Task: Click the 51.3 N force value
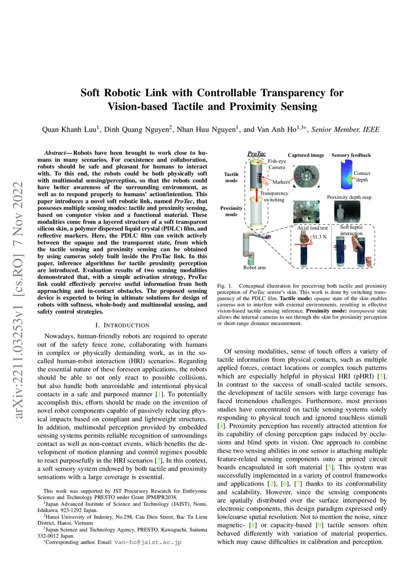click(320, 237)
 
